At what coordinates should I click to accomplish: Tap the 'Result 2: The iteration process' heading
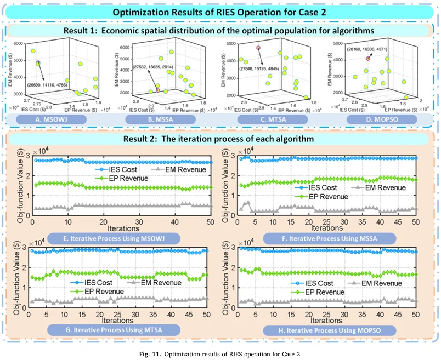coord(220,138)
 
